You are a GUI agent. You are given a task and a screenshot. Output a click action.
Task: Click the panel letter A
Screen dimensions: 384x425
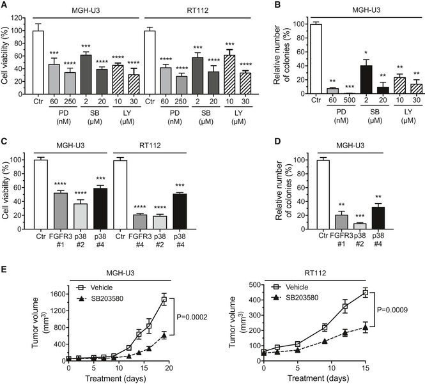[x=5, y=5]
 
